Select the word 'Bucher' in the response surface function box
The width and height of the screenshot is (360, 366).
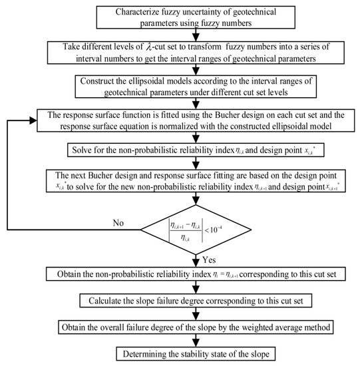pyautogui.click(x=217, y=117)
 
